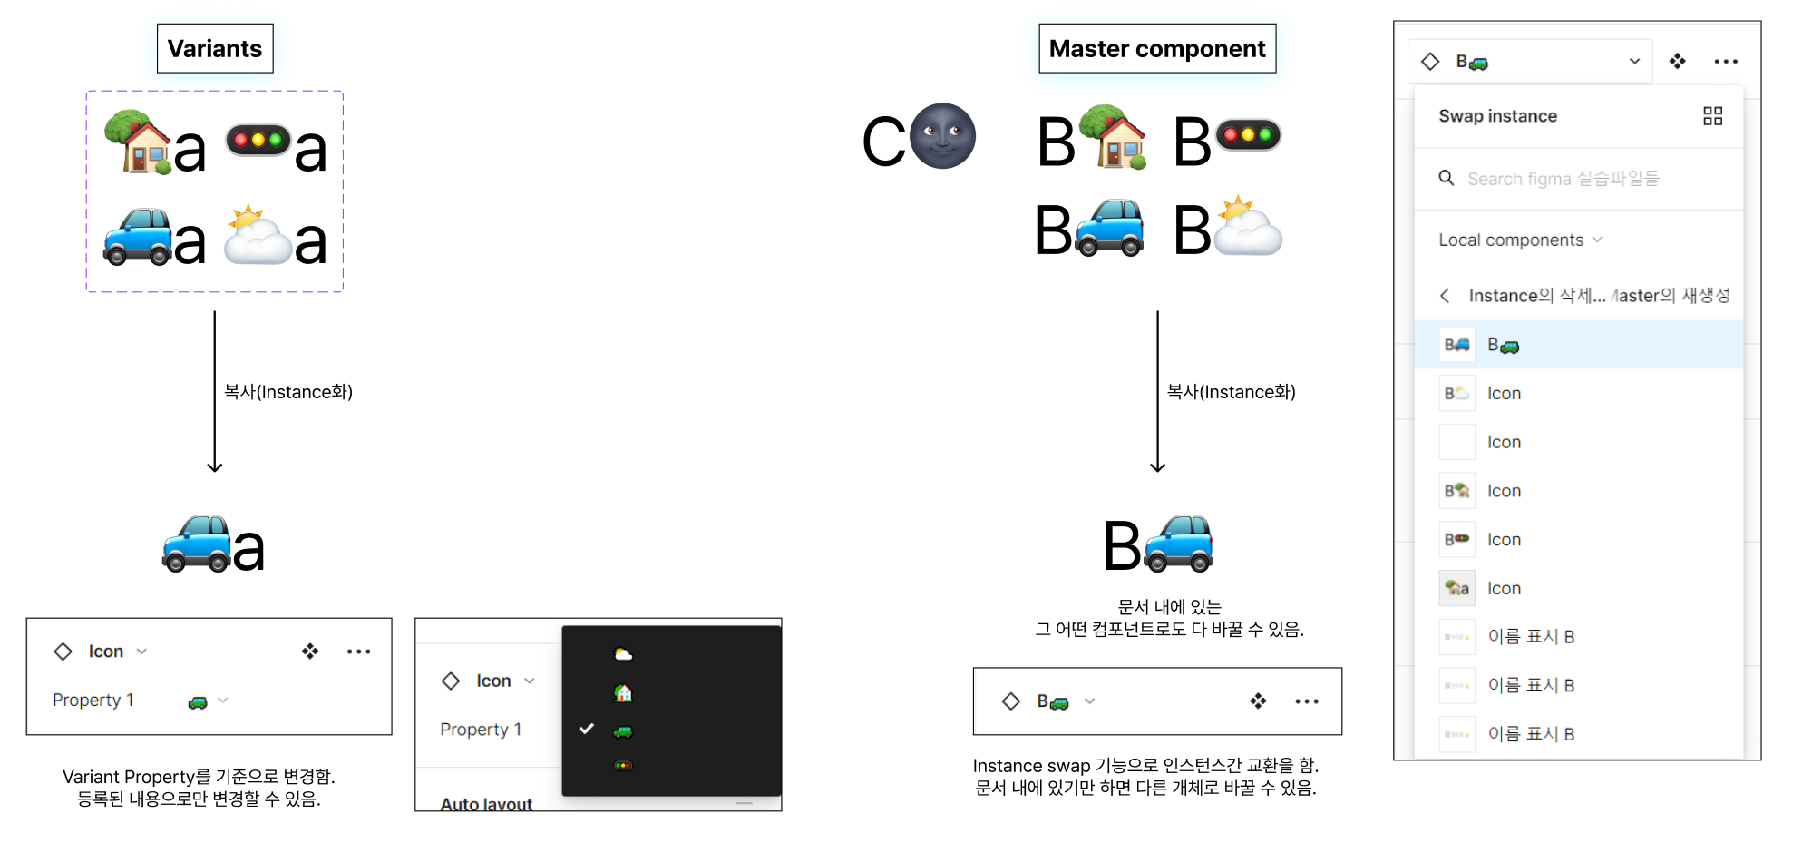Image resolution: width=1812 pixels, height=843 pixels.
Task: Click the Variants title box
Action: (215, 49)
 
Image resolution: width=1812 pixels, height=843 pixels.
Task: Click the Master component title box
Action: (1156, 49)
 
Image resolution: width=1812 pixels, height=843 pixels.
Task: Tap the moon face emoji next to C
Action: (942, 136)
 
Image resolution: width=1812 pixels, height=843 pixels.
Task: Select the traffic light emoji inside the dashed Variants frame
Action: (258, 140)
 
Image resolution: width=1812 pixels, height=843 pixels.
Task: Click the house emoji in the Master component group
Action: (1114, 138)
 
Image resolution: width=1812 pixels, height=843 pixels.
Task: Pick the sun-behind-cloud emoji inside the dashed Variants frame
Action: (257, 235)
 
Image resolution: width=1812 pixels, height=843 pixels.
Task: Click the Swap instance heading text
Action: (1497, 116)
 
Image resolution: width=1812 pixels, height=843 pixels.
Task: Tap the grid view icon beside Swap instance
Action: (1712, 116)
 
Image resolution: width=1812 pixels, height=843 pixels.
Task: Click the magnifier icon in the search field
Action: (1447, 178)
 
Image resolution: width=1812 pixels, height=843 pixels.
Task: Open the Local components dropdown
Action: (1520, 240)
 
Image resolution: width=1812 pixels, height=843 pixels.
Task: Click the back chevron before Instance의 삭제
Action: (1445, 296)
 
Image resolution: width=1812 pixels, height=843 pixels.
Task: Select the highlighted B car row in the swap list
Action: (1578, 345)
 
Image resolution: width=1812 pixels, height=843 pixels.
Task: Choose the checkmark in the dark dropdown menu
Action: (587, 729)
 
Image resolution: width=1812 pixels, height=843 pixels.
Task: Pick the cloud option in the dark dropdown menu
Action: (623, 654)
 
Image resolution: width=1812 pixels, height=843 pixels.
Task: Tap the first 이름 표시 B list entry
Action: (1531, 637)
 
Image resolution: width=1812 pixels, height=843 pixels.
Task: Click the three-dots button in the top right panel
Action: (1725, 62)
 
